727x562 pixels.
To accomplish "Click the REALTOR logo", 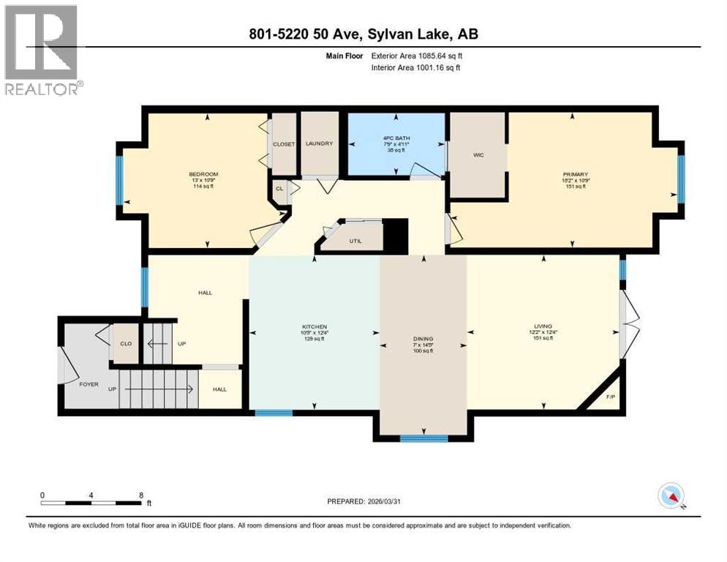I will (x=42, y=50).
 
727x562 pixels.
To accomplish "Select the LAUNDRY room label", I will (x=320, y=143).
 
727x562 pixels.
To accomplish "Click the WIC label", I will (x=478, y=155).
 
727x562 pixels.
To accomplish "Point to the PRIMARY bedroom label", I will (x=575, y=175).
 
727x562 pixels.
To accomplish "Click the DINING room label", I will (x=423, y=339).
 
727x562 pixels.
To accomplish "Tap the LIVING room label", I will (x=542, y=326).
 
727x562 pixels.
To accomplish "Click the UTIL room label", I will (x=355, y=239).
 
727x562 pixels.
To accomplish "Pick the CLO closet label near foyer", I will (x=125, y=343).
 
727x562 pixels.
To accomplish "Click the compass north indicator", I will (x=671, y=496).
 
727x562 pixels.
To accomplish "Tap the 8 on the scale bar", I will (x=140, y=495).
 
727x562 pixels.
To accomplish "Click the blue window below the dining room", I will (x=423, y=438).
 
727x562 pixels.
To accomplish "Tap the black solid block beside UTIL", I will (x=396, y=236).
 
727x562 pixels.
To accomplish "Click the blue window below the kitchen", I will (x=274, y=413).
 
